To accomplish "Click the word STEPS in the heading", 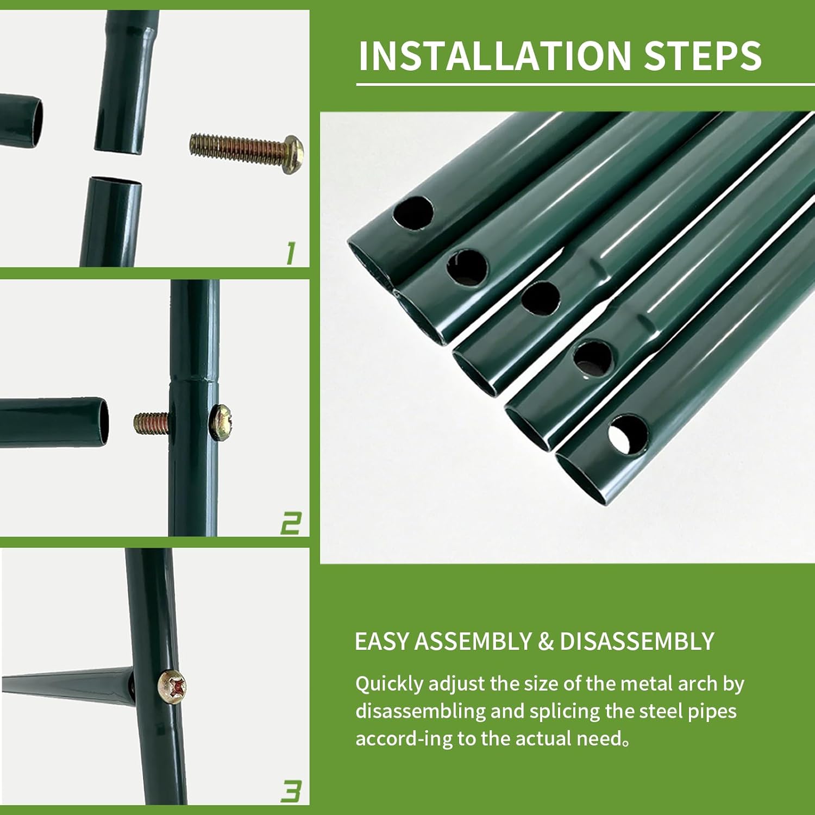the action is point(703,55).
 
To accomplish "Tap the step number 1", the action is point(291,254).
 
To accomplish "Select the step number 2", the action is point(291,523).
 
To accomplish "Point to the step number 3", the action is point(291,791).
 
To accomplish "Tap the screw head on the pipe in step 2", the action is point(222,421).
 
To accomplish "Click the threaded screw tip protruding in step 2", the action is point(152,423).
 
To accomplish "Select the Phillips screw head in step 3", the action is point(172,687).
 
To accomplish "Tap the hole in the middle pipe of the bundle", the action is point(541,298).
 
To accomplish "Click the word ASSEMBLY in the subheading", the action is point(473,642).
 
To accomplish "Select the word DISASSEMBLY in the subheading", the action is point(637,642).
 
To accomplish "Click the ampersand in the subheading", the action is point(546,642).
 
